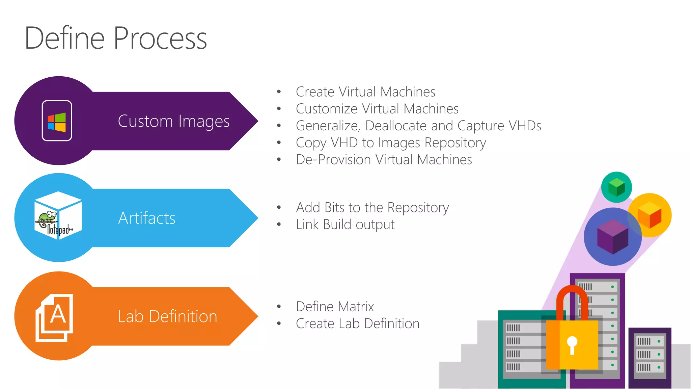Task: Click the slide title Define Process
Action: (x=116, y=38)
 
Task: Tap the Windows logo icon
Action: (x=57, y=122)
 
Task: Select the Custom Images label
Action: (x=173, y=121)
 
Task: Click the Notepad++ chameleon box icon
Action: (x=58, y=216)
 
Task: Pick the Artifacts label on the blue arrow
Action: (x=147, y=218)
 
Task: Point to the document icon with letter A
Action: (x=55, y=317)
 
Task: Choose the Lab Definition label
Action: (x=167, y=317)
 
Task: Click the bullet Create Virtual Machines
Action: (x=365, y=92)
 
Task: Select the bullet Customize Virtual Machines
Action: (x=377, y=109)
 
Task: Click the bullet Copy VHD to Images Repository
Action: (x=391, y=143)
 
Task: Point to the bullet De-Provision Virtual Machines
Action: (x=384, y=160)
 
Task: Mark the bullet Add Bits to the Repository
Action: (x=372, y=208)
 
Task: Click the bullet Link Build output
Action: (x=345, y=225)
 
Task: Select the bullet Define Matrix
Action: (x=335, y=307)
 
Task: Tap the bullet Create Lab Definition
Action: (x=357, y=323)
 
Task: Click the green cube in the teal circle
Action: (x=616, y=187)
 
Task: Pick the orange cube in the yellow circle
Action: (x=649, y=215)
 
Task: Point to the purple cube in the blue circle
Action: (x=612, y=236)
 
